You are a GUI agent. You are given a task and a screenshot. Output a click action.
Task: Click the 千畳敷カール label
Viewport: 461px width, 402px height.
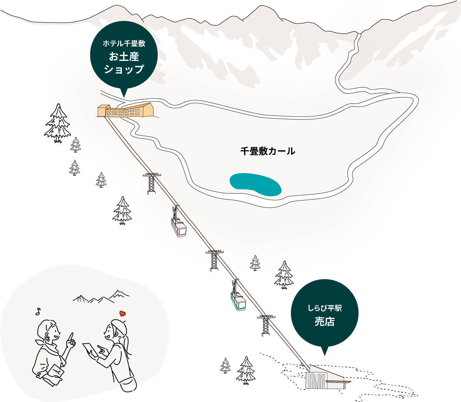pos(268,151)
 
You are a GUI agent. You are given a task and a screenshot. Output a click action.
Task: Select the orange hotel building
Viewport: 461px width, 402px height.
pos(126,110)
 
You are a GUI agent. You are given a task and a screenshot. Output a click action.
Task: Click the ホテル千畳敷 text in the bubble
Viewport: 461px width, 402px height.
pos(124,43)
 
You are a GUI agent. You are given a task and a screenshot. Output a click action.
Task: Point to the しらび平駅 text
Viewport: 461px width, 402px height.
pos(325,308)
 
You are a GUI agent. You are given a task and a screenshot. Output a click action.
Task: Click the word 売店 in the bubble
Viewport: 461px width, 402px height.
pos(325,322)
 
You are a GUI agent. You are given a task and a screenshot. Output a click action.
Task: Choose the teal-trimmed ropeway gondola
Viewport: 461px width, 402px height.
pos(238,295)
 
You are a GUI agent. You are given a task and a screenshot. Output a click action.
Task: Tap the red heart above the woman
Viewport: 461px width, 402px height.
pos(122,313)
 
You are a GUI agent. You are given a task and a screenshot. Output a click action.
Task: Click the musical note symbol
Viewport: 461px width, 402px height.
pos(38,311)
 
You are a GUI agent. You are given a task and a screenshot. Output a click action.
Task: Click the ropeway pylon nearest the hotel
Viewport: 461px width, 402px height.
pos(152,184)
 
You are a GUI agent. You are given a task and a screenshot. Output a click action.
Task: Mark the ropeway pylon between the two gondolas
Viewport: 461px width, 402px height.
pos(214,261)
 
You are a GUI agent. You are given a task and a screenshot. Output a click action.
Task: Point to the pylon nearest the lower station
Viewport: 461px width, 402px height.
pos(266,326)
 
